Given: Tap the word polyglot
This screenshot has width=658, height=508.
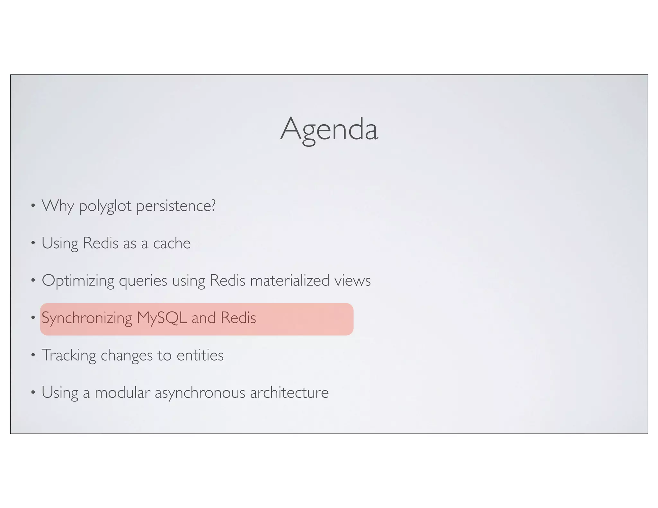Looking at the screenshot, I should click(105, 206).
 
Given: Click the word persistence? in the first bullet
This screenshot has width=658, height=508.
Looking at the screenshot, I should click(176, 206).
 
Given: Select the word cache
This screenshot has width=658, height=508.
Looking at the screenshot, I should click(172, 243).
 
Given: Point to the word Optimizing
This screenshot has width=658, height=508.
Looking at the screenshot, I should click(78, 281).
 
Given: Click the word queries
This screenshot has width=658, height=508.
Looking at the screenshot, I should click(143, 281).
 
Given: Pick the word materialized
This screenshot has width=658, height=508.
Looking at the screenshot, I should click(289, 281).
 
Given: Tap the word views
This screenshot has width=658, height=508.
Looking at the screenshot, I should click(352, 281).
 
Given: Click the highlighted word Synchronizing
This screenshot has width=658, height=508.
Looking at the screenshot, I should click(87, 318).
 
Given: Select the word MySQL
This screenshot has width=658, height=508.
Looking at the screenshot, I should click(162, 318).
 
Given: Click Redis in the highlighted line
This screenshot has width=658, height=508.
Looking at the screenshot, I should click(238, 318).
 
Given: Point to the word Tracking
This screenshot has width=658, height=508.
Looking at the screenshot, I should click(69, 355).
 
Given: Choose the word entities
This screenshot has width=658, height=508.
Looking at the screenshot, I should click(200, 355).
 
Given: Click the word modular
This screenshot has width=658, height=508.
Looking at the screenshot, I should click(122, 393).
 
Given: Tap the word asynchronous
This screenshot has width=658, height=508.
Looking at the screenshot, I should click(200, 393).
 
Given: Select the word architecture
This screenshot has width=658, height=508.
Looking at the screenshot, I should click(289, 393).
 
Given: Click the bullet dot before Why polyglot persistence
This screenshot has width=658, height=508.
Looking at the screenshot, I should click(32, 206).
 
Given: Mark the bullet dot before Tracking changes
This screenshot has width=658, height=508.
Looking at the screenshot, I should click(32, 355).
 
